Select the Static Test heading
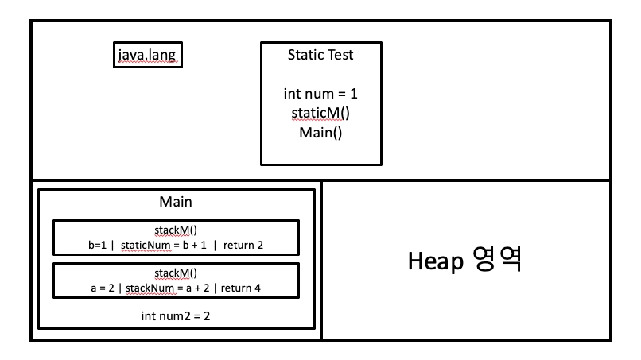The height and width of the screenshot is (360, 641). (x=320, y=55)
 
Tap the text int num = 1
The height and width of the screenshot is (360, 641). (x=320, y=94)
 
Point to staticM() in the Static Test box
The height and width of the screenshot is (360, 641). (x=320, y=113)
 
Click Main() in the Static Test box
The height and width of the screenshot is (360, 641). (x=320, y=132)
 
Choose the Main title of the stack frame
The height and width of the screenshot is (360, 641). (x=176, y=203)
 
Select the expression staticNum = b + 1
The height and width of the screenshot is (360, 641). (x=164, y=245)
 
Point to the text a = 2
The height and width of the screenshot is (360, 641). (x=105, y=287)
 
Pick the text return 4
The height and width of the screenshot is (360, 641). (x=241, y=287)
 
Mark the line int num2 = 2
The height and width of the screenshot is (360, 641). (x=176, y=315)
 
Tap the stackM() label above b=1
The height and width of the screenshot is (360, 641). (x=176, y=230)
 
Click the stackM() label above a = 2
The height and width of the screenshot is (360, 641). (x=176, y=273)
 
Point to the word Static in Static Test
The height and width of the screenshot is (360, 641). (x=305, y=55)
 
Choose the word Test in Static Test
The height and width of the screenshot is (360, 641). (x=339, y=55)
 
